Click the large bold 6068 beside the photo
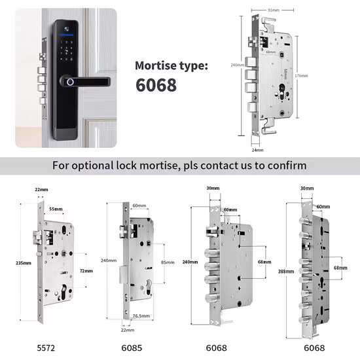pyautogui.click(x=156, y=86)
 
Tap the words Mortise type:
pyautogui.click(x=172, y=65)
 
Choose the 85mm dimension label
pyautogui.click(x=168, y=262)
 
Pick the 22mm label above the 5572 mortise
pyautogui.click(x=41, y=190)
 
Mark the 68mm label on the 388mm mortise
pyautogui.click(x=339, y=268)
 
